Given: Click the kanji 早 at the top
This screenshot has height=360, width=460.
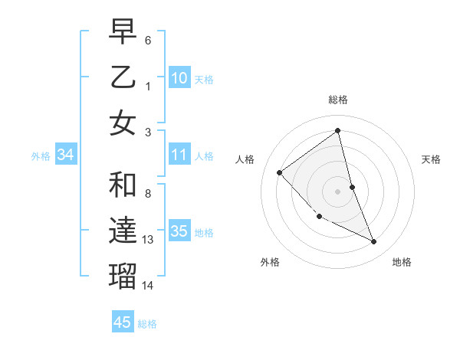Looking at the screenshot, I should [x=123, y=32].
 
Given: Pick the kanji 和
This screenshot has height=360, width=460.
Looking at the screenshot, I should [x=123, y=186].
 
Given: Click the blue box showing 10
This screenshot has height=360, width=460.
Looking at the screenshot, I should [x=179, y=77].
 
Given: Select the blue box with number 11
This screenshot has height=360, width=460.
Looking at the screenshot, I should [x=179, y=155].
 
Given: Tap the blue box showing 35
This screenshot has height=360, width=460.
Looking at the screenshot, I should [x=179, y=231].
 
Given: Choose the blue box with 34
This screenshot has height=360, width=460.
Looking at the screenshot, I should [x=65, y=155].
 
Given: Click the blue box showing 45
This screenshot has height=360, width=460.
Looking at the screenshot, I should [x=123, y=322].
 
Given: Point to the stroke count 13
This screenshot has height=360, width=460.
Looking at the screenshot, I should [x=148, y=240].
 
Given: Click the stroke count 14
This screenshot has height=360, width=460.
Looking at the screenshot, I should [x=148, y=285].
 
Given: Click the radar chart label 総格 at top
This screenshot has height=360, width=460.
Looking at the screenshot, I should [x=338, y=100].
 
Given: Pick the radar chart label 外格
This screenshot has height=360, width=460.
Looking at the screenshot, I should [x=270, y=262].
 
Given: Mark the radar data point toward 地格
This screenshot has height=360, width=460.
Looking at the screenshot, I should [x=374, y=242].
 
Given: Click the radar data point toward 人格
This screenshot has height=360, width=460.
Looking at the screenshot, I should [x=280, y=172].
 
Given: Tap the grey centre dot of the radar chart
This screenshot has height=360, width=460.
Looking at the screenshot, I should [x=338, y=191].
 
